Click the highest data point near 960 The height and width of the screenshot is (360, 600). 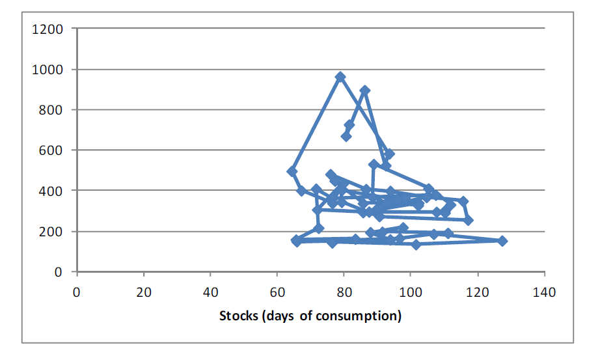[340, 77]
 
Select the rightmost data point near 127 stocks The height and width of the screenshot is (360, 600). [502, 241]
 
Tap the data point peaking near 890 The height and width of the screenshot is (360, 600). [365, 90]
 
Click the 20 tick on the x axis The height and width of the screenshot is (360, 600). [144, 292]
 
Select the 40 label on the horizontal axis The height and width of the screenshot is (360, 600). [210, 292]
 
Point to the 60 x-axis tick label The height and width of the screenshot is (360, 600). [277, 292]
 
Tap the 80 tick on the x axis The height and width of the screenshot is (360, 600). [344, 292]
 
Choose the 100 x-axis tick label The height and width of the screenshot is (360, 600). [411, 292]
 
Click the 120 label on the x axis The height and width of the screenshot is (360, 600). [478, 292]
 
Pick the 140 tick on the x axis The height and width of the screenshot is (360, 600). [544, 292]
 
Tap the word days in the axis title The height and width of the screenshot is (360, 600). [281, 316]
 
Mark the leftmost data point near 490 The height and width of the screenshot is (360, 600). [292, 171]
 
